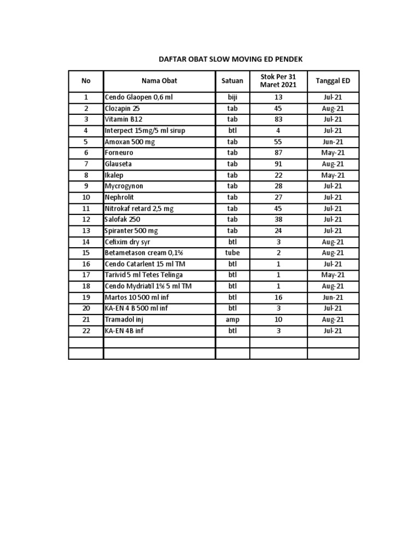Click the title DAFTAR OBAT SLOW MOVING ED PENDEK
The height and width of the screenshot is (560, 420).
pyautogui.click(x=230, y=59)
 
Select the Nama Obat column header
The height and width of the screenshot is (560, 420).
pyautogui.click(x=159, y=81)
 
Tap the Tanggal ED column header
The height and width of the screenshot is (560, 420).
pyautogui.click(x=333, y=81)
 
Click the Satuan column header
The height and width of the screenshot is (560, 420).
pyautogui.click(x=232, y=81)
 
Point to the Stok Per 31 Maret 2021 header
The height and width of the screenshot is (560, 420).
pyautogui.click(x=278, y=81)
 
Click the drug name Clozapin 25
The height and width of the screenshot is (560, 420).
pyautogui.click(x=122, y=108)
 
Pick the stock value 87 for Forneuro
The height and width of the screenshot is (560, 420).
pyautogui.click(x=278, y=153)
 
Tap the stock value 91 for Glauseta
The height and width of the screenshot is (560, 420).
pyautogui.click(x=278, y=164)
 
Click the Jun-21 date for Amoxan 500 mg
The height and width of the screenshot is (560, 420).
pyautogui.click(x=332, y=142)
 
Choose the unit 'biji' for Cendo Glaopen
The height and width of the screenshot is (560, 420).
pyautogui.click(x=232, y=97)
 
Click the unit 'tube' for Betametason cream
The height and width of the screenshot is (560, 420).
pyautogui.click(x=232, y=253)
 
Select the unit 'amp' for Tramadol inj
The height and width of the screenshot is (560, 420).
pyautogui.click(x=232, y=319)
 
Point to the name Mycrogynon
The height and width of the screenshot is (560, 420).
pyautogui.click(x=124, y=186)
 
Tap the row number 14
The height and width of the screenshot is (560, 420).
pyautogui.click(x=86, y=242)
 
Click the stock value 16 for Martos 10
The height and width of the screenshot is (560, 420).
pyautogui.click(x=278, y=297)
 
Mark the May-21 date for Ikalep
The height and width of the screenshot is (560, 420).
pyautogui.click(x=332, y=175)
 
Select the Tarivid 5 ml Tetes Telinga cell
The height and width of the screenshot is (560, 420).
pyautogui.click(x=144, y=275)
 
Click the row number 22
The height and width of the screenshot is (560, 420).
pyautogui.click(x=86, y=330)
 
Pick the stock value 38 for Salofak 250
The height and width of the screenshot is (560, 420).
pyautogui.click(x=278, y=219)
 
